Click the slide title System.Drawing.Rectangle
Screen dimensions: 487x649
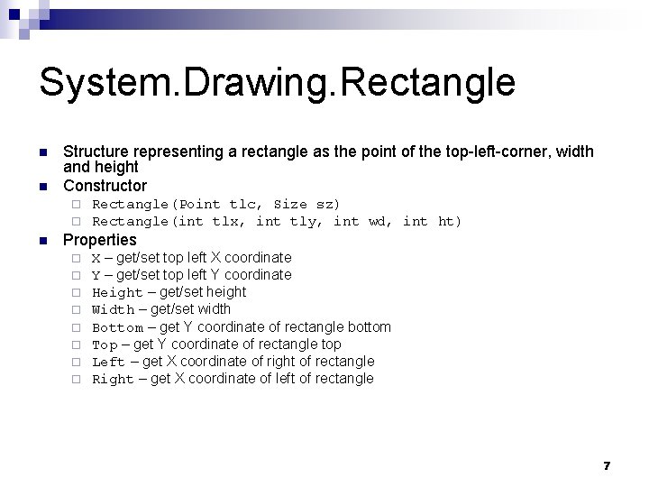(x=277, y=83)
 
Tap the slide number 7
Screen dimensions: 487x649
(x=607, y=465)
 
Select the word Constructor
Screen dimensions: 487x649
(x=105, y=186)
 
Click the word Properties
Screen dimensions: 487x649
(x=99, y=240)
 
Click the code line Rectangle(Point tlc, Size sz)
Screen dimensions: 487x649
(x=216, y=205)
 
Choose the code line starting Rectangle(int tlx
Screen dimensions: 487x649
(x=277, y=222)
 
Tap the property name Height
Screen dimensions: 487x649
(x=117, y=292)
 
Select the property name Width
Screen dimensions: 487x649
(x=114, y=309)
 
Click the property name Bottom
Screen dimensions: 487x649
(x=117, y=327)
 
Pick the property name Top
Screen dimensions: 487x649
(x=105, y=345)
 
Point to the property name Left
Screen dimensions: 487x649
(x=108, y=362)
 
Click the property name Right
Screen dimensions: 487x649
(x=113, y=379)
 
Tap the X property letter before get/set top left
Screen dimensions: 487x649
(x=96, y=258)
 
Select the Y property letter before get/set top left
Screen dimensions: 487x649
(x=96, y=275)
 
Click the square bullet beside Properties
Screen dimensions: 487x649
(x=42, y=241)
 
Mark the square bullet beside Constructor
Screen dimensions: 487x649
(x=42, y=187)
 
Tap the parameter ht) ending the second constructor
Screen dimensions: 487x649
(x=449, y=222)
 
